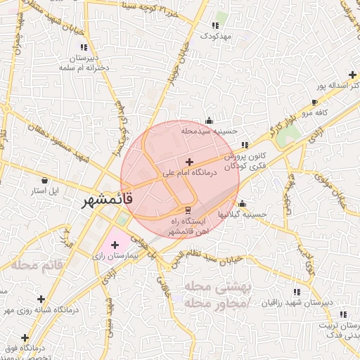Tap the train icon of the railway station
(188, 210)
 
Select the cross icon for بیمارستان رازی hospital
(115, 245)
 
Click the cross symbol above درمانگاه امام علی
(189, 162)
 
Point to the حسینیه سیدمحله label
(210, 131)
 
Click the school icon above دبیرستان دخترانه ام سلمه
(86, 47)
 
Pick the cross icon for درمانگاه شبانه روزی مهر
(41, 299)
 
